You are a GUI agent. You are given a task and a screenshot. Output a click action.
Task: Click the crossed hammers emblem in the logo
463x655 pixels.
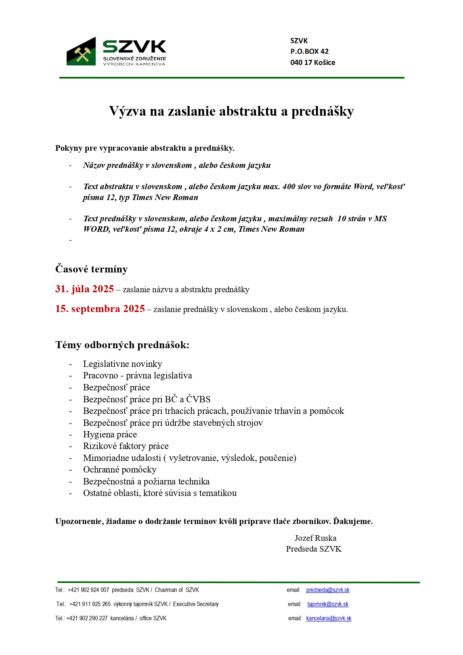(82, 54)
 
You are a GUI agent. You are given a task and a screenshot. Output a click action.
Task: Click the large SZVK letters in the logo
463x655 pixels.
(134, 47)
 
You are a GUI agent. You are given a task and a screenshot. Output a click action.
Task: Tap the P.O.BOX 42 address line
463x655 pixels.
(309, 52)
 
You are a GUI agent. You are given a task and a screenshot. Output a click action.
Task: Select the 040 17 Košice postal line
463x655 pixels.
(313, 63)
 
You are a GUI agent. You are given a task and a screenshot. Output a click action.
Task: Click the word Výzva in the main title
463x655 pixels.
(127, 111)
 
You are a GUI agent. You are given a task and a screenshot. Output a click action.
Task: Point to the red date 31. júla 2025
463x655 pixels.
(85, 289)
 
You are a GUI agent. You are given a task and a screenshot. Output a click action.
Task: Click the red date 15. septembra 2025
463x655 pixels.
(100, 309)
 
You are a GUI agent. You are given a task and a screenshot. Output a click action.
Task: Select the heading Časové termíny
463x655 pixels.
(91, 269)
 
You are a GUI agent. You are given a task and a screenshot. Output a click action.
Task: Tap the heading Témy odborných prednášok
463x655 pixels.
(122, 345)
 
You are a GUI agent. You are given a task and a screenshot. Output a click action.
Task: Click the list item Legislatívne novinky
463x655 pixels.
(122, 364)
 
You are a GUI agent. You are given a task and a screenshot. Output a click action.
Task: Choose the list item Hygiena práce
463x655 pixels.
(110, 434)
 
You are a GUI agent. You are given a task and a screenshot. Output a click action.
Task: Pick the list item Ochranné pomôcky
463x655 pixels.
(120, 470)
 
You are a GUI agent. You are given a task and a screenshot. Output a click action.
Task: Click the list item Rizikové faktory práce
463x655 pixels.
(126, 446)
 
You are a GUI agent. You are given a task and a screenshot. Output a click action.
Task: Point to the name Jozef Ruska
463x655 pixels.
(315, 538)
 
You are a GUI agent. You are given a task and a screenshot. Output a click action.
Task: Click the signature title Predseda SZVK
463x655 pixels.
(314, 549)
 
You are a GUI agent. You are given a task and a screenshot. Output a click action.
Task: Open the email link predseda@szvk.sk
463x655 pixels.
(328, 590)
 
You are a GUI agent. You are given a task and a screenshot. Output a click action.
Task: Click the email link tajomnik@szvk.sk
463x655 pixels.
(328, 604)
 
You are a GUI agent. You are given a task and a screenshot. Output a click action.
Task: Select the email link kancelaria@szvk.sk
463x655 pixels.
(329, 618)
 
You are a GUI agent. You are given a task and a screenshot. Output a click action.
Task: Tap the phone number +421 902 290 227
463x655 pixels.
(87, 618)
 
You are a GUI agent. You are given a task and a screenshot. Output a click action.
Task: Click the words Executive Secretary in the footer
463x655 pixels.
(196, 604)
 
